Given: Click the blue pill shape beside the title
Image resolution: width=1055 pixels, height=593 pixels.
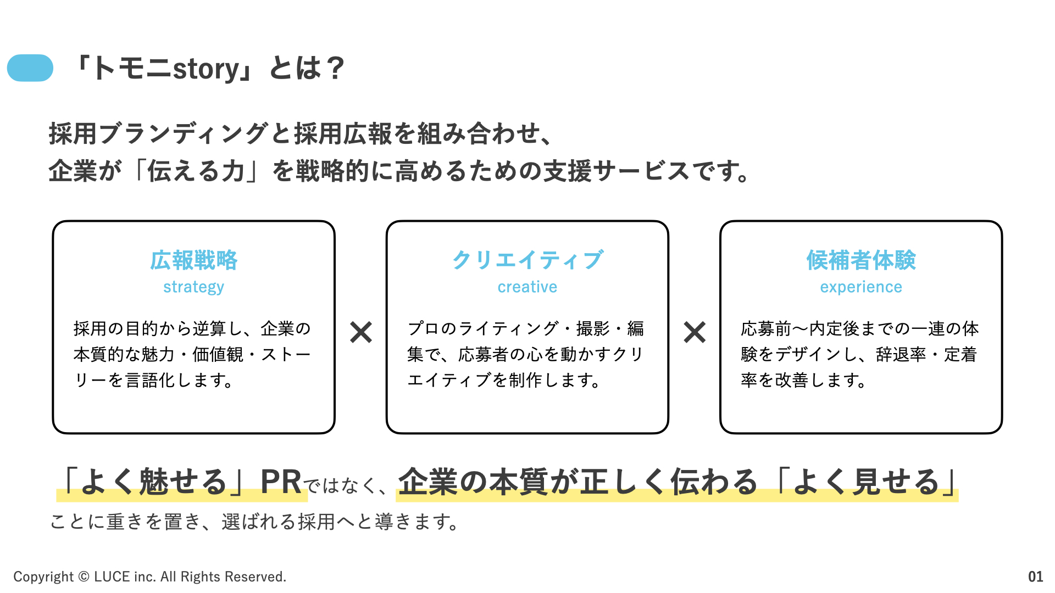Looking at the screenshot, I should tap(30, 68).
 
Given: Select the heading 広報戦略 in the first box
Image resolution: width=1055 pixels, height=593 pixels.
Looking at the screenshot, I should tap(194, 260).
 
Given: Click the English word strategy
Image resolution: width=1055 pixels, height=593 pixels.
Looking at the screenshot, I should tap(194, 287).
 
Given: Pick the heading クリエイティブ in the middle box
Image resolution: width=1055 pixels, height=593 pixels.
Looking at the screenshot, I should tap(527, 260).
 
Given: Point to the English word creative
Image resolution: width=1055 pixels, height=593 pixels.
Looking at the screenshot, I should tap(527, 287).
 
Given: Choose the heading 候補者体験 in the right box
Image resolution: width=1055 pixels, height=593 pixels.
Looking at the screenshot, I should tap(861, 260).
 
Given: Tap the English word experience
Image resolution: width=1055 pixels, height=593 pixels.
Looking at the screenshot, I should tap(861, 287).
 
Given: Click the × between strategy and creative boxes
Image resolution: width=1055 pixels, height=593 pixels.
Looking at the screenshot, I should tap(361, 332).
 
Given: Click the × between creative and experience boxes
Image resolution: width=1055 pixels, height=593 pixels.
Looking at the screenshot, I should tap(695, 332).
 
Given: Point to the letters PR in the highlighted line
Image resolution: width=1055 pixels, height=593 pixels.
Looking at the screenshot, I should tap(281, 482).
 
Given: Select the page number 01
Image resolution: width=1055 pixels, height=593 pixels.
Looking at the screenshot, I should tap(1035, 577).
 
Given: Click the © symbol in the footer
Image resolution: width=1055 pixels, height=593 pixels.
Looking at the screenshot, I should tap(84, 577).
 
